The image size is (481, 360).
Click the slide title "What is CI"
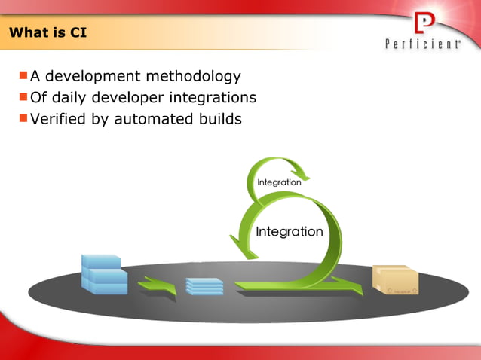click(x=43, y=33)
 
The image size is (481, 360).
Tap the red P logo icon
click(x=425, y=24)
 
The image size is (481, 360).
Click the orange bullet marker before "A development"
click(x=23, y=75)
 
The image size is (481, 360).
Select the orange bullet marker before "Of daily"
click(x=23, y=96)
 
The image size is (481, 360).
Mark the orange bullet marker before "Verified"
click(x=23, y=117)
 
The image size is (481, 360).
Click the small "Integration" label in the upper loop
click(x=279, y=182)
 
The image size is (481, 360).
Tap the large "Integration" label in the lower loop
click(x=290, y=231)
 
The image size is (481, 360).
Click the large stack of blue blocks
click(x=103, y=273)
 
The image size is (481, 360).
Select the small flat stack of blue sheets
click(x=204, y=286)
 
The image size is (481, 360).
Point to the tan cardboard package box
click(x=394, y=279)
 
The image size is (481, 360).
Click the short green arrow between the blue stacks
click(x=157, y=286)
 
